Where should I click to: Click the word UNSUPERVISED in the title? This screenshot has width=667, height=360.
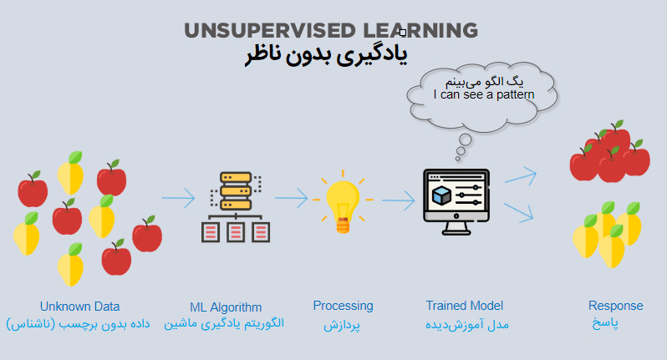270,31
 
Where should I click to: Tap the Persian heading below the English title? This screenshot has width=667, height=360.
326,56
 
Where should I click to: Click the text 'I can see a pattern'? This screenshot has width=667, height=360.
484,94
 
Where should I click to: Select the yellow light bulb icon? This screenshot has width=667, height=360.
343,202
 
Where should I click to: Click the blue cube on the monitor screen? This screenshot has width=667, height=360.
441,195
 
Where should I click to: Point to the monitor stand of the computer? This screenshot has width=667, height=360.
456,229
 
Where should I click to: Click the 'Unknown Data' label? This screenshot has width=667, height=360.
79,307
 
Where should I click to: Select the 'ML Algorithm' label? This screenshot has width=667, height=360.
226,307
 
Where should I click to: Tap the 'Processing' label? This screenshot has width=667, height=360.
343,306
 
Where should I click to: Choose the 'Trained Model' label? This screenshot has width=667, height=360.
465,306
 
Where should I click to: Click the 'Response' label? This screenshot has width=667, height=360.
615,306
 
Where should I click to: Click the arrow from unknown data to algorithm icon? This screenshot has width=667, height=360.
178,198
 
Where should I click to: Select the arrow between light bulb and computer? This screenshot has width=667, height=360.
398,200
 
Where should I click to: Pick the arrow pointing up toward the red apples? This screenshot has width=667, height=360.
521,176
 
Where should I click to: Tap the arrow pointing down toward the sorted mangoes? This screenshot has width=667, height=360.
519,212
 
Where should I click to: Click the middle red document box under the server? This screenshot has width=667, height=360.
236,232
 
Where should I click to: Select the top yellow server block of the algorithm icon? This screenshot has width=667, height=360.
236,177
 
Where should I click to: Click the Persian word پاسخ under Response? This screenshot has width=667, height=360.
605,323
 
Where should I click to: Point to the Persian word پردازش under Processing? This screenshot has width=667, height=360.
342,325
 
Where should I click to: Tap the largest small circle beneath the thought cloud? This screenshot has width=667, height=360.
466,139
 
